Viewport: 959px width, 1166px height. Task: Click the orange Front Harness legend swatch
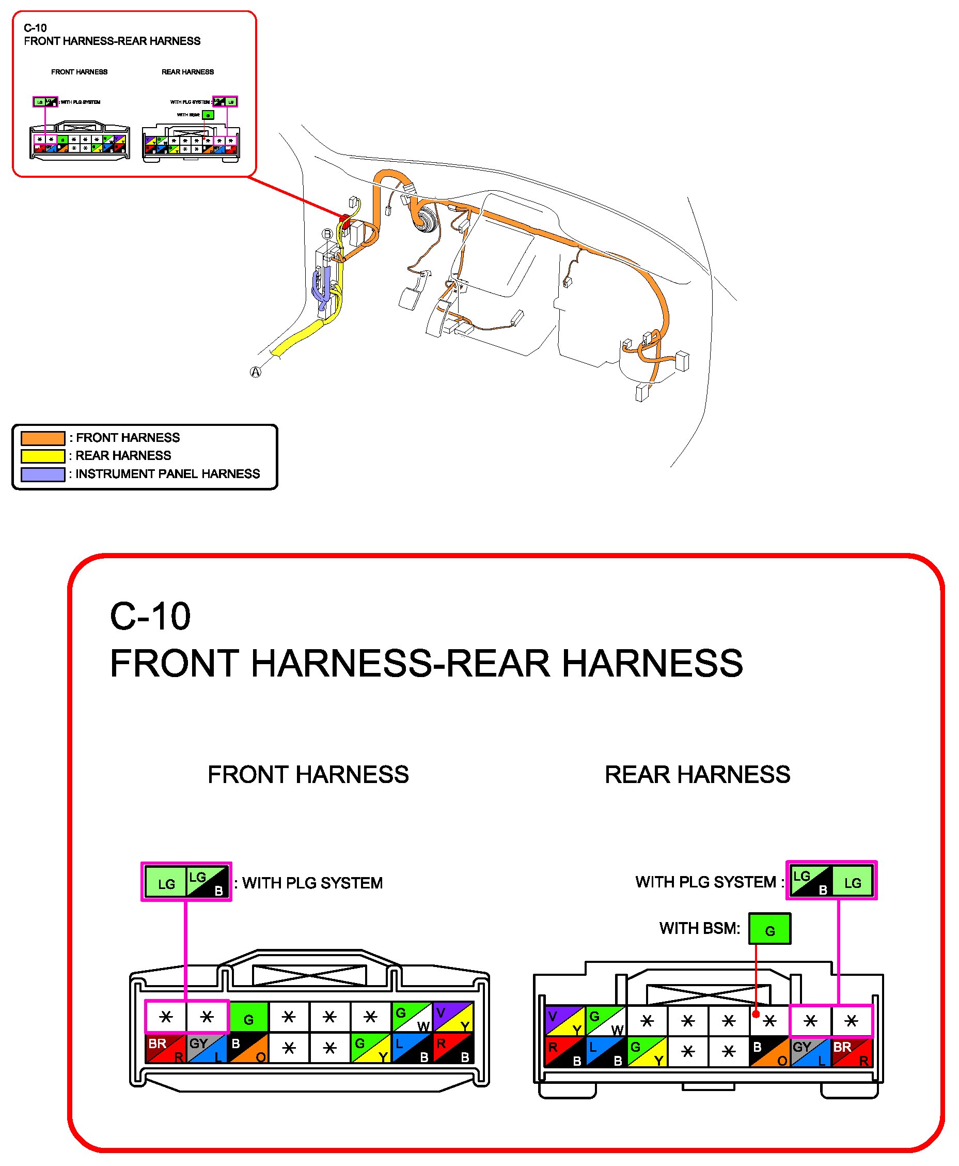(x=42, y=438)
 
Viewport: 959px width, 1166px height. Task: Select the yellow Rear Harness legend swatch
(x=42, y=456)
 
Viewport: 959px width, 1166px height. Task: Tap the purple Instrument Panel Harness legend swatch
(x=42, y=474)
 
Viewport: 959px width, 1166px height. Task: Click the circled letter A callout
(x=255, y=372)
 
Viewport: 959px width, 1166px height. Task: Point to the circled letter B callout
(x=327, y=234)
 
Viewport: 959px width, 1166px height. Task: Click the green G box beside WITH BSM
(x=769, y=928)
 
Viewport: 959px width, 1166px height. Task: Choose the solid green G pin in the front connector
(x=248, y=1017)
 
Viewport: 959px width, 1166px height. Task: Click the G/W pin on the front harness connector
(x=412, y=1017)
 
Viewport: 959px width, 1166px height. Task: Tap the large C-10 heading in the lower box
(x=150, y=616)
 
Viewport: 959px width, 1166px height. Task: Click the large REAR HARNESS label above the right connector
(x=697, y=774)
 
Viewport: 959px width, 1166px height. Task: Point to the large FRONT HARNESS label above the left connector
(x=308, y=774)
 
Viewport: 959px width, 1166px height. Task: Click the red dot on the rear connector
(x=756, y=1014)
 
